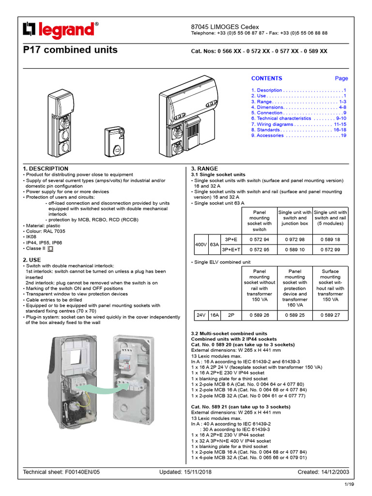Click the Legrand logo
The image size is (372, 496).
pyautogui.click(x=61, y=31)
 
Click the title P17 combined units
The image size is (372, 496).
pyautogui.click(x=70, y=50)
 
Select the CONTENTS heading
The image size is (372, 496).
pyautogui.click(x=266, y=78)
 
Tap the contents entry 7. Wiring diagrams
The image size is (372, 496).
pyautogui.click(x=298, y=124)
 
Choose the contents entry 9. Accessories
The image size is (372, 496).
pyautogui.click(x=298, y=136)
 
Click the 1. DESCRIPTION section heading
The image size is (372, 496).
pyautogui.click(x=46, y=169)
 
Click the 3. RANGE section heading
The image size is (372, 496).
pyautogui.click(x=204, y=169)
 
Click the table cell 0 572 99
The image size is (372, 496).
pyautogui.click(x=330, y=250)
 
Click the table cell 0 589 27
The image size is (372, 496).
pyautogui.click(x=330, y=315)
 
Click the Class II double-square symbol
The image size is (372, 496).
pyautogui.click(x=50, y=248)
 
